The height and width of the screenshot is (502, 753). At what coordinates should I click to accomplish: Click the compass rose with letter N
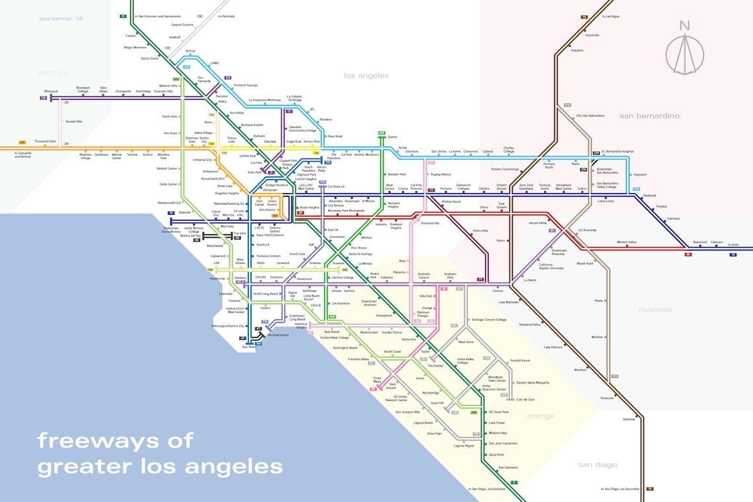click(x=685, y=47)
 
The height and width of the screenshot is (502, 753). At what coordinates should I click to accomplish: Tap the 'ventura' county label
click(x=53, y=72)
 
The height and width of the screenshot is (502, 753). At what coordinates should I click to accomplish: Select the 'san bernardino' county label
click(x=649, y=116)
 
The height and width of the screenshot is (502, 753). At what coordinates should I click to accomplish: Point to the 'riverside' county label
click(x=655, y=309)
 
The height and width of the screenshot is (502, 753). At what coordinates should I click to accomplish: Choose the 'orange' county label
click(x=540, y=416)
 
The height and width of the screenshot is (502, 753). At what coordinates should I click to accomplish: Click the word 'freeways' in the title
click(x=115, y=441)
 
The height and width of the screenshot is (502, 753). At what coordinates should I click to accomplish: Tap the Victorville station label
click(x=592, y=35)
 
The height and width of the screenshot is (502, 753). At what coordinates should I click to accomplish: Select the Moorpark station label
click(x=52, y=90)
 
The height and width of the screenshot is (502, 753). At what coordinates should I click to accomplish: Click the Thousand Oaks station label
click(x=46, y=141)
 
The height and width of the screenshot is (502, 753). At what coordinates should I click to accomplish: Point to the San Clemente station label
click(x=509, y=467)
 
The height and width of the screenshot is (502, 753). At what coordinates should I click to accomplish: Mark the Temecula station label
click(x=606, y=398)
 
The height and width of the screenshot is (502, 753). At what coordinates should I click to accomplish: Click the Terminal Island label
click(x=277, y=335)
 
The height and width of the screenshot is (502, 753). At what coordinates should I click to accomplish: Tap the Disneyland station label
click(x=384, y=315)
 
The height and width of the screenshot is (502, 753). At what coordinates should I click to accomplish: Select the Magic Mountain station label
click(x=135, y=48)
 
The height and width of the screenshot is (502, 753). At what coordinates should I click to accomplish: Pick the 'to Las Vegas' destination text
click(x=609, y=17)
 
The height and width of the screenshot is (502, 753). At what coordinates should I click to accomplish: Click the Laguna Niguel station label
click(x=464, y=445)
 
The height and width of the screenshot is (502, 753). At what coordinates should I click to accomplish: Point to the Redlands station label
click(x=650, y=196)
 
